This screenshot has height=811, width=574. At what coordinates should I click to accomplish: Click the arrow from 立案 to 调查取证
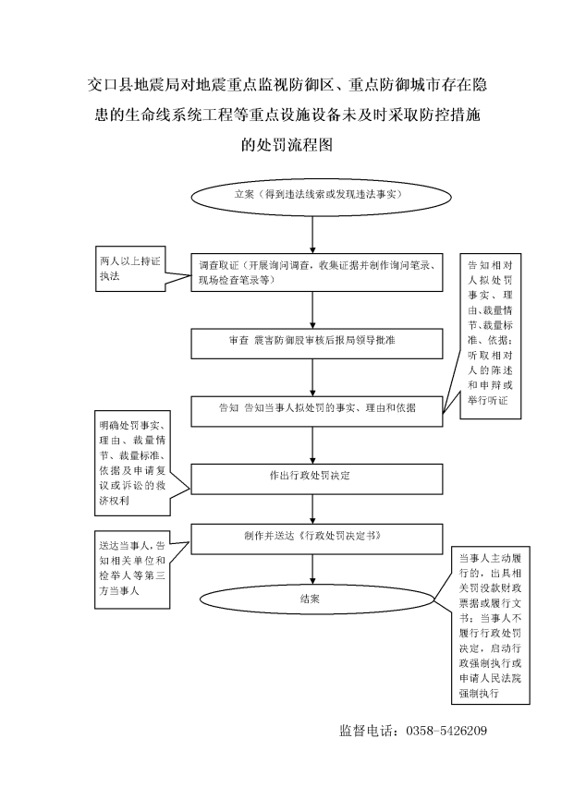(x=312, y=235)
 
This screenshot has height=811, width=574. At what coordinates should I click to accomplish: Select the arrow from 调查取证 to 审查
(x=312, y=309)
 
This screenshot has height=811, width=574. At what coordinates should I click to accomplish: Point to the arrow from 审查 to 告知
(x=312, y=378)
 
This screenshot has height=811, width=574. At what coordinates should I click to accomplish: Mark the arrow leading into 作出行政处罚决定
(x=312, y=445)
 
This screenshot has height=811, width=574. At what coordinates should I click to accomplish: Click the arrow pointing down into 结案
(x=312, y=570)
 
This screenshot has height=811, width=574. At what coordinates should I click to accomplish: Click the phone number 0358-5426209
(x=446, y=731)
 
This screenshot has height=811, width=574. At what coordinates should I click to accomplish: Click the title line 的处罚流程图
(x=287, y=144)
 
